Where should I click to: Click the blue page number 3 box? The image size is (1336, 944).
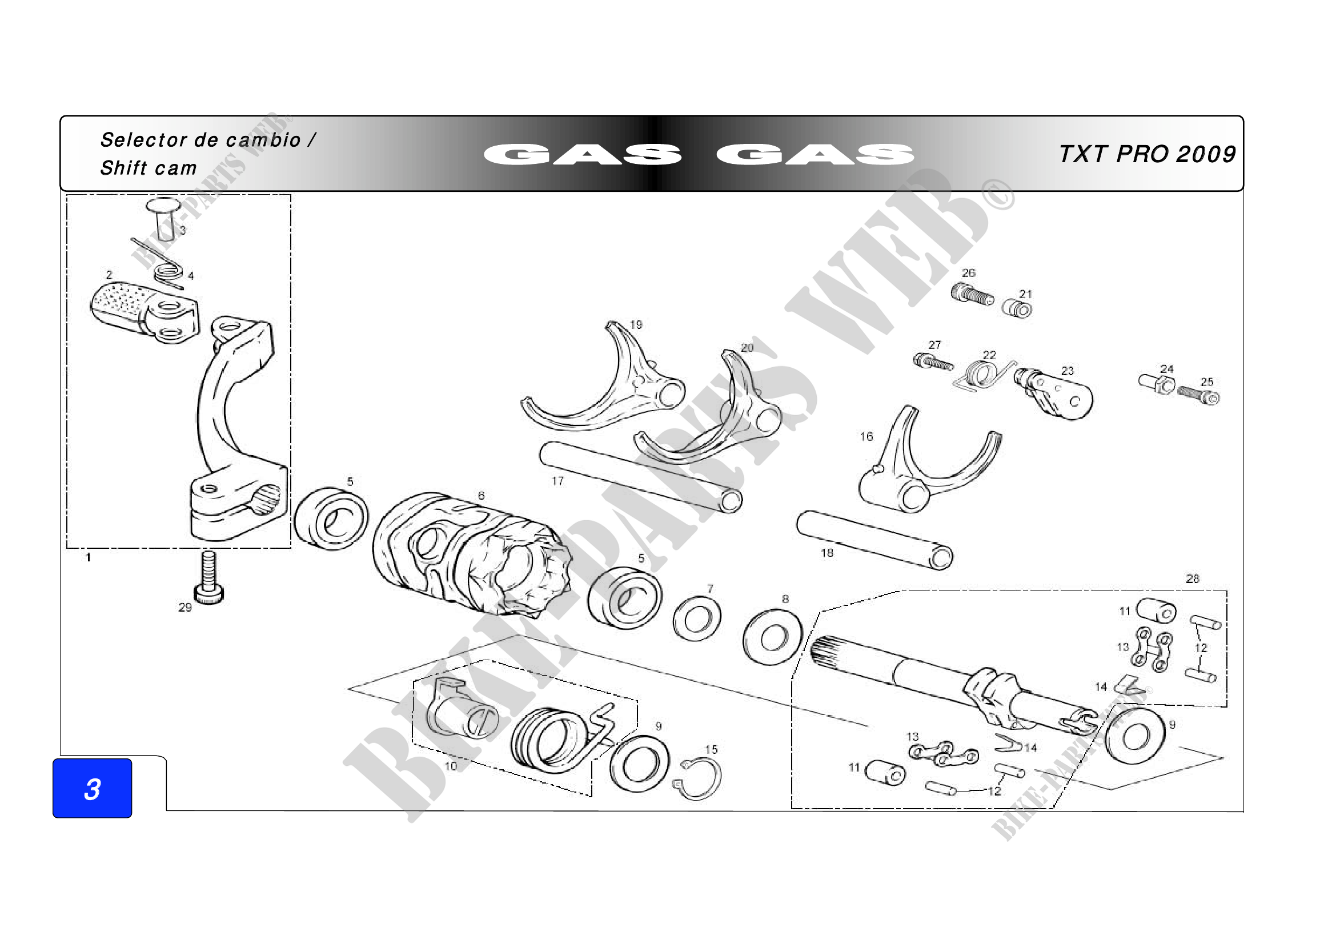[x=92, y=788]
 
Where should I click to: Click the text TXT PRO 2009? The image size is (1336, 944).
[x=1147, y=154]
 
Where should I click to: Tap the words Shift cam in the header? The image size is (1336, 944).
[x=149, y=168]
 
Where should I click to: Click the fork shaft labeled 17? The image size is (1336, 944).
[x=640, y=477]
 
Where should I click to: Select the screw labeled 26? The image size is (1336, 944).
[x=972, y=294]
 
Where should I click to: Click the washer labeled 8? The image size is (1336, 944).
[x=773, y=637]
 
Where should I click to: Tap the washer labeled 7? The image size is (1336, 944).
[x=697, y=619]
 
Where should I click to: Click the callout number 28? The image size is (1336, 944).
[x=1192, y=579]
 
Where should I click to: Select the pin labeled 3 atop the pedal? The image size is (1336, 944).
[x=164, y=218]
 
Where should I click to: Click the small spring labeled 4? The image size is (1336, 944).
[x=168, y=273]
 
